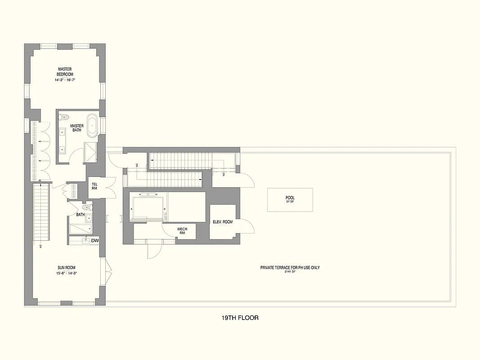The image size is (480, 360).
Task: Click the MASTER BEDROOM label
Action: tap(65, 72)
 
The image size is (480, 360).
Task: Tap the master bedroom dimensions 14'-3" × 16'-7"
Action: tap(65, 80)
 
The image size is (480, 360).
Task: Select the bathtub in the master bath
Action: tap(92, 126)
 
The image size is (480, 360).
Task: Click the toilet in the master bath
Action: tap(63, 118)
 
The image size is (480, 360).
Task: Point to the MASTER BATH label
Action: tap(77, 128)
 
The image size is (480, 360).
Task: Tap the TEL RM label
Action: tap(94, 186)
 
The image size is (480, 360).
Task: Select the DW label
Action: tap(95, 241)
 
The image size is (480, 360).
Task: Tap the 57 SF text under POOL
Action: tap(290, 202)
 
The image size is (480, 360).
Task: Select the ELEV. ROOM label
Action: tap(222, 222)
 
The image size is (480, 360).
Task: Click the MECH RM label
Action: tap(182, 231)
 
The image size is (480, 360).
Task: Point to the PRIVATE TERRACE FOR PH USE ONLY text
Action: tap(290, 267)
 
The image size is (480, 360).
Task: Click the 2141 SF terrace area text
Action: tap(290, 272)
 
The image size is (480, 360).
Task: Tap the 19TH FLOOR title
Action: tap(240, 318)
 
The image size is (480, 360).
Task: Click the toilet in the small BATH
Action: tap(89, 207)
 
